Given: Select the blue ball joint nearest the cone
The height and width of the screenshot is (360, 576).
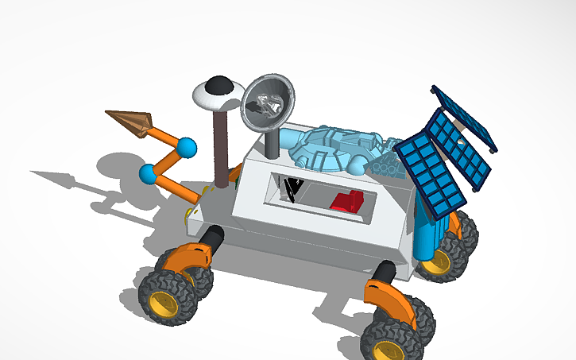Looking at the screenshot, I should tap(186, 148).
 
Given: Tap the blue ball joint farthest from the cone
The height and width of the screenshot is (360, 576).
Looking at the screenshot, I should tap(148, 173).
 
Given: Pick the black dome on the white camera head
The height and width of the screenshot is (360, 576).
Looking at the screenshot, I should tap(218, 84).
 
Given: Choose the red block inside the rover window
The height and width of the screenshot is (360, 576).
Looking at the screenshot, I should tap(346, 202).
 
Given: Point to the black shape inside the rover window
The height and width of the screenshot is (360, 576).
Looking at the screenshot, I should tap(294, 189).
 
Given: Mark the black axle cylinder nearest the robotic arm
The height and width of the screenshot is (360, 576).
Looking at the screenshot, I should tap(212, 237).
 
